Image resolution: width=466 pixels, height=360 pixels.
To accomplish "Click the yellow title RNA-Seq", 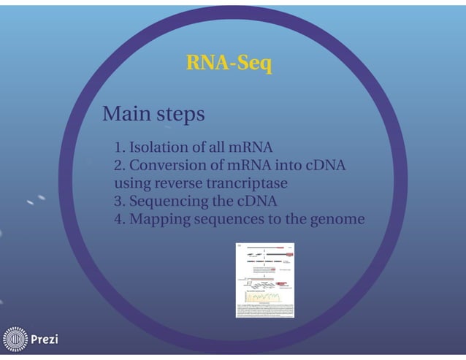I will tap(229, 64).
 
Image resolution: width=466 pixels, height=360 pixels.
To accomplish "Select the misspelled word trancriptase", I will tap(247, 183).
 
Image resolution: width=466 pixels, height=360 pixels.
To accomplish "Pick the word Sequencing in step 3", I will tap(165, 202).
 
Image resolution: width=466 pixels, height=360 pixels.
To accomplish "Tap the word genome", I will tap(337, 220).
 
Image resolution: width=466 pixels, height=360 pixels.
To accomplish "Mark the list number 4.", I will tap(119, 220).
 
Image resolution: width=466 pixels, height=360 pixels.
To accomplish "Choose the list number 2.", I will tap(119, 166).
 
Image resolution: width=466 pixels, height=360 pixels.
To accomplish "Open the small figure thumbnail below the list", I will tap(264, 280).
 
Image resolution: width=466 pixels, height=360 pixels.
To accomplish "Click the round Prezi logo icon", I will tap(15, 340).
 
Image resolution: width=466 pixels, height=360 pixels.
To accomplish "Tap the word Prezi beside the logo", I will tap(45, 340).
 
